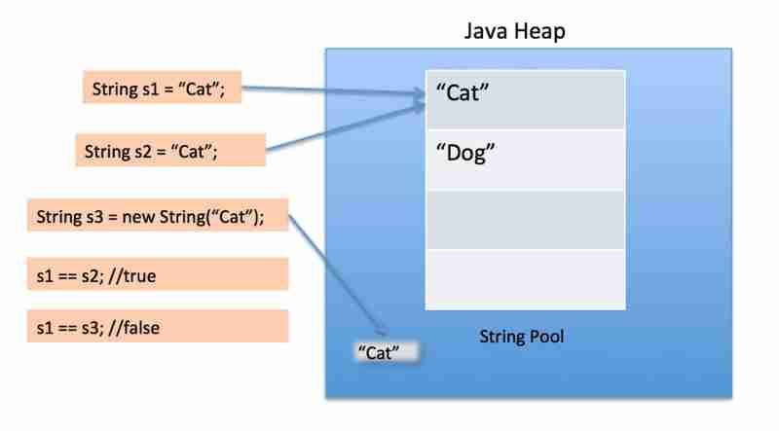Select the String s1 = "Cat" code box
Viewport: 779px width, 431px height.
(x=161, y=91)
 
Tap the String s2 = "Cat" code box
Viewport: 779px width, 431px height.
(x=157, y=151)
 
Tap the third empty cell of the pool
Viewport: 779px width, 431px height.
(x=525, y=219)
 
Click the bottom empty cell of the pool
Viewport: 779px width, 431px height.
(x=525, y=279)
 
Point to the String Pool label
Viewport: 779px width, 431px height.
(x=522, y=337)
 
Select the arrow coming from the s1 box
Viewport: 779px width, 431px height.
(x=331, y=91)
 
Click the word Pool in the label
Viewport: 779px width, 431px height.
(x=546, y=337)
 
